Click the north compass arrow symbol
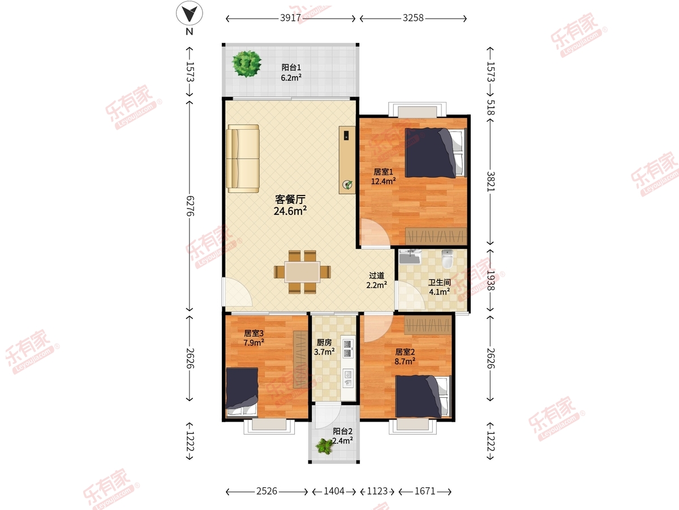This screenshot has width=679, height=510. click(190, 13)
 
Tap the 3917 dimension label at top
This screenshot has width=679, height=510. click(290, 18)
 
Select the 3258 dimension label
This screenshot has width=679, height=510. click(413, 18)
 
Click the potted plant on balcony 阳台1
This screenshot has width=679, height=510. click(247, 64)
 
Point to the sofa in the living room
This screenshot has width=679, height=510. click(243, 159)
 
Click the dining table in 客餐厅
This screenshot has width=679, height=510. click(302, 272)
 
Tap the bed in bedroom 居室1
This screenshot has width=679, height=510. click(435, 152)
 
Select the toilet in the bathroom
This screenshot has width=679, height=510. click(448, 259)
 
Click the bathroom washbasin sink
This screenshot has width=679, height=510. click(410, 257)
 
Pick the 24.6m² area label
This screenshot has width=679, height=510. click(290, 211)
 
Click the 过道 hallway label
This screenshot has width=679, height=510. click(377, 275)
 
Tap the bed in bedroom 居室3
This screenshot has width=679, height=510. click(242, 392)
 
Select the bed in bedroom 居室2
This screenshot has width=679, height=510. click(423, 396)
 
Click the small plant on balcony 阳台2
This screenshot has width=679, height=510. click(324, 446)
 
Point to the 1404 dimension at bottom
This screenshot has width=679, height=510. click(334, 491)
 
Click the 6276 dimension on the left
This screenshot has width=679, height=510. click(190, 206)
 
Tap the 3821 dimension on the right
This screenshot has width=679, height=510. click(491, 181)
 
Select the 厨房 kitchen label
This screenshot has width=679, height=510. click(324, 342)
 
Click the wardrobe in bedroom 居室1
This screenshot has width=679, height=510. click(436, 236)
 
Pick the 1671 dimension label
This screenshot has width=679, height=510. click(425, 491)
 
